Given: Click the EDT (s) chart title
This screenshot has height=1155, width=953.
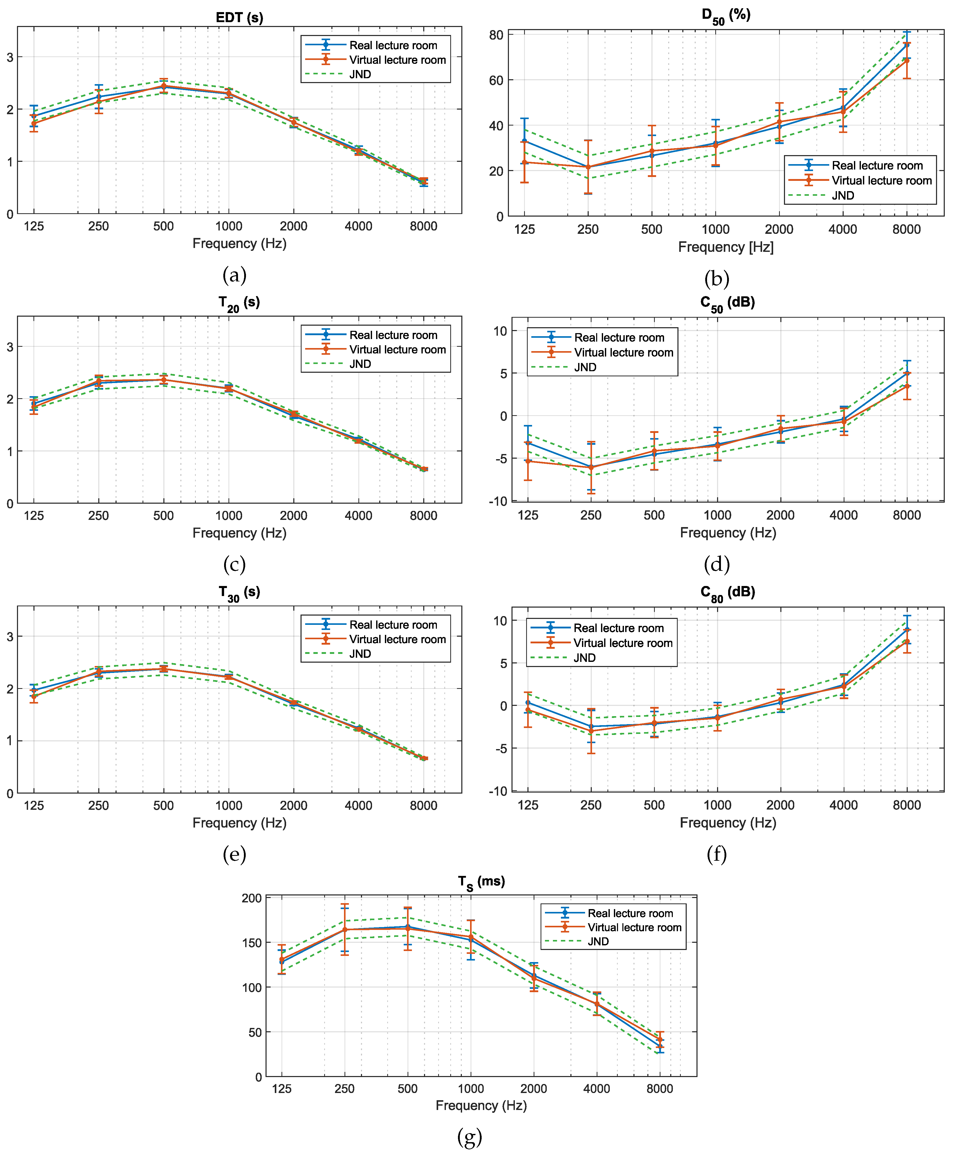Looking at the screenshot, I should pos(239,17).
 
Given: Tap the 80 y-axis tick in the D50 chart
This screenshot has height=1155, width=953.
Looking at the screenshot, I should pos(496,35).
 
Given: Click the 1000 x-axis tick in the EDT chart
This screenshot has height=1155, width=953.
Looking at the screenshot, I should pos(228,226).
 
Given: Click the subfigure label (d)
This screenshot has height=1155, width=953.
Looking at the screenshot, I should pos(716,564).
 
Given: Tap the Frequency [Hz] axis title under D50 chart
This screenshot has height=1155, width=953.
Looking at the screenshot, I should pos(726,247).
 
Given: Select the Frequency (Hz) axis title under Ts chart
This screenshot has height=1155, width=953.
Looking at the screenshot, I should pos(481,1105).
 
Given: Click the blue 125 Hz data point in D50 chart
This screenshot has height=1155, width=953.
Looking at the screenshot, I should pos(524,141).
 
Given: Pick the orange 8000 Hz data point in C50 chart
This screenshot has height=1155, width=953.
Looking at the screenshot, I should pos(907,386).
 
